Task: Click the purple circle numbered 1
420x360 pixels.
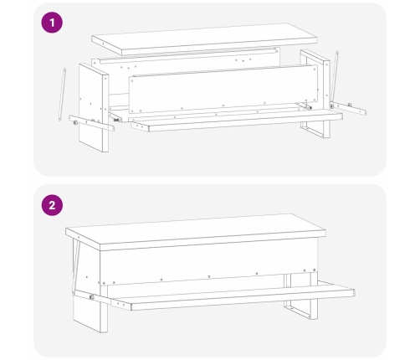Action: tap(52, 23)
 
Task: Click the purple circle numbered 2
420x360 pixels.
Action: tap(52, 205)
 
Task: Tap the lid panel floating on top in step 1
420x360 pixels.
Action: tap(205, 39)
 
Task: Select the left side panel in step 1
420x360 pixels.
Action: tap(94, 108)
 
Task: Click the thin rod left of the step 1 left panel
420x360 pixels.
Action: tap(62, 95)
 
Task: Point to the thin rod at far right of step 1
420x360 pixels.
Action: tap(335, 76)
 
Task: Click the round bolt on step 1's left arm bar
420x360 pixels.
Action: tap(75, 122)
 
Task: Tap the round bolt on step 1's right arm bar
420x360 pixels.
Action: tap(332, 106)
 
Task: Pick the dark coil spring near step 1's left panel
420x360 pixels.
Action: tap(116, 120)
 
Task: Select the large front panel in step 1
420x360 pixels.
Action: tap(223, 89)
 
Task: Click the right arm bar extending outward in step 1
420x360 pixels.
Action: tap(348, 109)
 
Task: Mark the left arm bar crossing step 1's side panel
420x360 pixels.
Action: tap(91, 123)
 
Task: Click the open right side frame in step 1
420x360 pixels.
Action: tap(315, 94)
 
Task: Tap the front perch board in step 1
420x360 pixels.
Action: tap(237, 120)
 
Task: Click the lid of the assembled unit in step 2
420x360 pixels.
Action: tap(196, 232)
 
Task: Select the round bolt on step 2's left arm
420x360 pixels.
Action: tap(91, 297)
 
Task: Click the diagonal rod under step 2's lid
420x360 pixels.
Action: tap(75, 266)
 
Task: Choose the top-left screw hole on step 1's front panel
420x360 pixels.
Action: tap(132, 80)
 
